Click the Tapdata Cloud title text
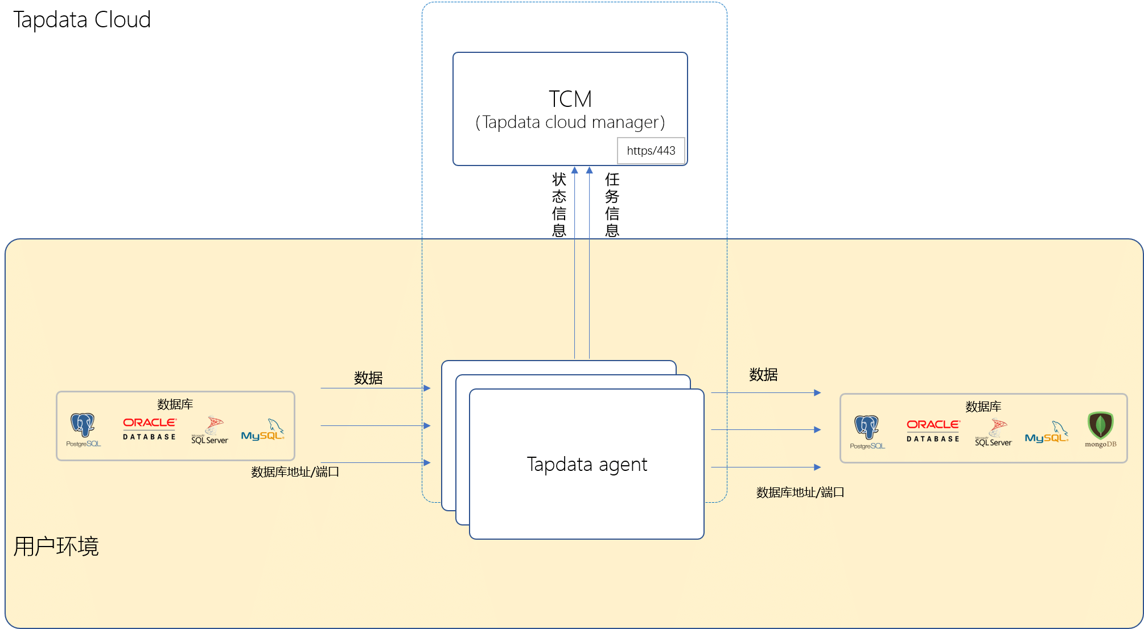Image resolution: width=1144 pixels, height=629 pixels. click(81, 20)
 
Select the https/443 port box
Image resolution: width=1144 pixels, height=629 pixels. click(651, 151)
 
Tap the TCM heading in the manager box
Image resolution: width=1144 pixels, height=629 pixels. click(570, 99)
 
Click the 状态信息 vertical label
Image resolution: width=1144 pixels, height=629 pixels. click(559, 205)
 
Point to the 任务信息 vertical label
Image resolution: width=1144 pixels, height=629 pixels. click(612, 205)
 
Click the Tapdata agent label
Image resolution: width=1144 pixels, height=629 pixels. click(587, 464)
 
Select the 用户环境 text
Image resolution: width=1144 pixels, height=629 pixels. click(56, 546)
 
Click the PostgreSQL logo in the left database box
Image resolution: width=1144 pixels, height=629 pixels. click(83, 430)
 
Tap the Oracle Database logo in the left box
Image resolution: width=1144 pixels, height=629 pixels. click(150, 429)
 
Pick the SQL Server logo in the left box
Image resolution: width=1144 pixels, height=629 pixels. click(209, 431)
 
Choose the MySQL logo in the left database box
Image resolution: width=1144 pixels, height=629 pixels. click(263, 430)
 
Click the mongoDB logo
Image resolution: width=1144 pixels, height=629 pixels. click(1100, 429)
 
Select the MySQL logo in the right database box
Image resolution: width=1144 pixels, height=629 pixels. click(1047, 432)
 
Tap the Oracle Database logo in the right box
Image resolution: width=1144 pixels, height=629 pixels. click(933, 431)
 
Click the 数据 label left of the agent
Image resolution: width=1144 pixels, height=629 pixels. click(368, 378)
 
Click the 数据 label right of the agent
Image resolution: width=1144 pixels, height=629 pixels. click(763, 375)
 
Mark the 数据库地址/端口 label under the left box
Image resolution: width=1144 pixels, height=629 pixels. click(295, 472)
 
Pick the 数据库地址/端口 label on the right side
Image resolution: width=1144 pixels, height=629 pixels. click(800, 493)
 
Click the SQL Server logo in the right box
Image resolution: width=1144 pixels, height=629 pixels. click(993, 433)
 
